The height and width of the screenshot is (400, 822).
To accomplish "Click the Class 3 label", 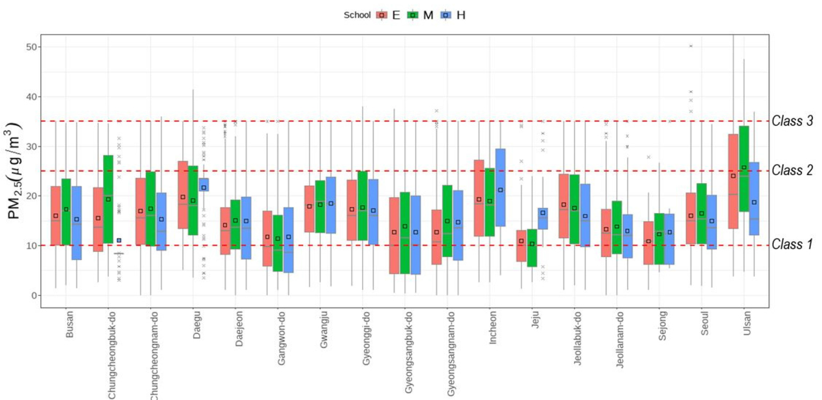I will (792, 121).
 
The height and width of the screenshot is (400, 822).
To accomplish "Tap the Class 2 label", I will (792, 171).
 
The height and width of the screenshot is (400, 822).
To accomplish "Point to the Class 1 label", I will (792, 245).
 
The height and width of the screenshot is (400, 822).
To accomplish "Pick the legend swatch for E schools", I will (381, 15).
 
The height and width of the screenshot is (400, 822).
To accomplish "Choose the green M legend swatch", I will (413, 15).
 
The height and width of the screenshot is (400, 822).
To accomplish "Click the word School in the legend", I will (357, 15).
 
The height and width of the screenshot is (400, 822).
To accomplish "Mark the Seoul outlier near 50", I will (691, 46).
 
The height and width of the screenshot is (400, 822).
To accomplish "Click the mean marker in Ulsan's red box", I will (733, 176).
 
